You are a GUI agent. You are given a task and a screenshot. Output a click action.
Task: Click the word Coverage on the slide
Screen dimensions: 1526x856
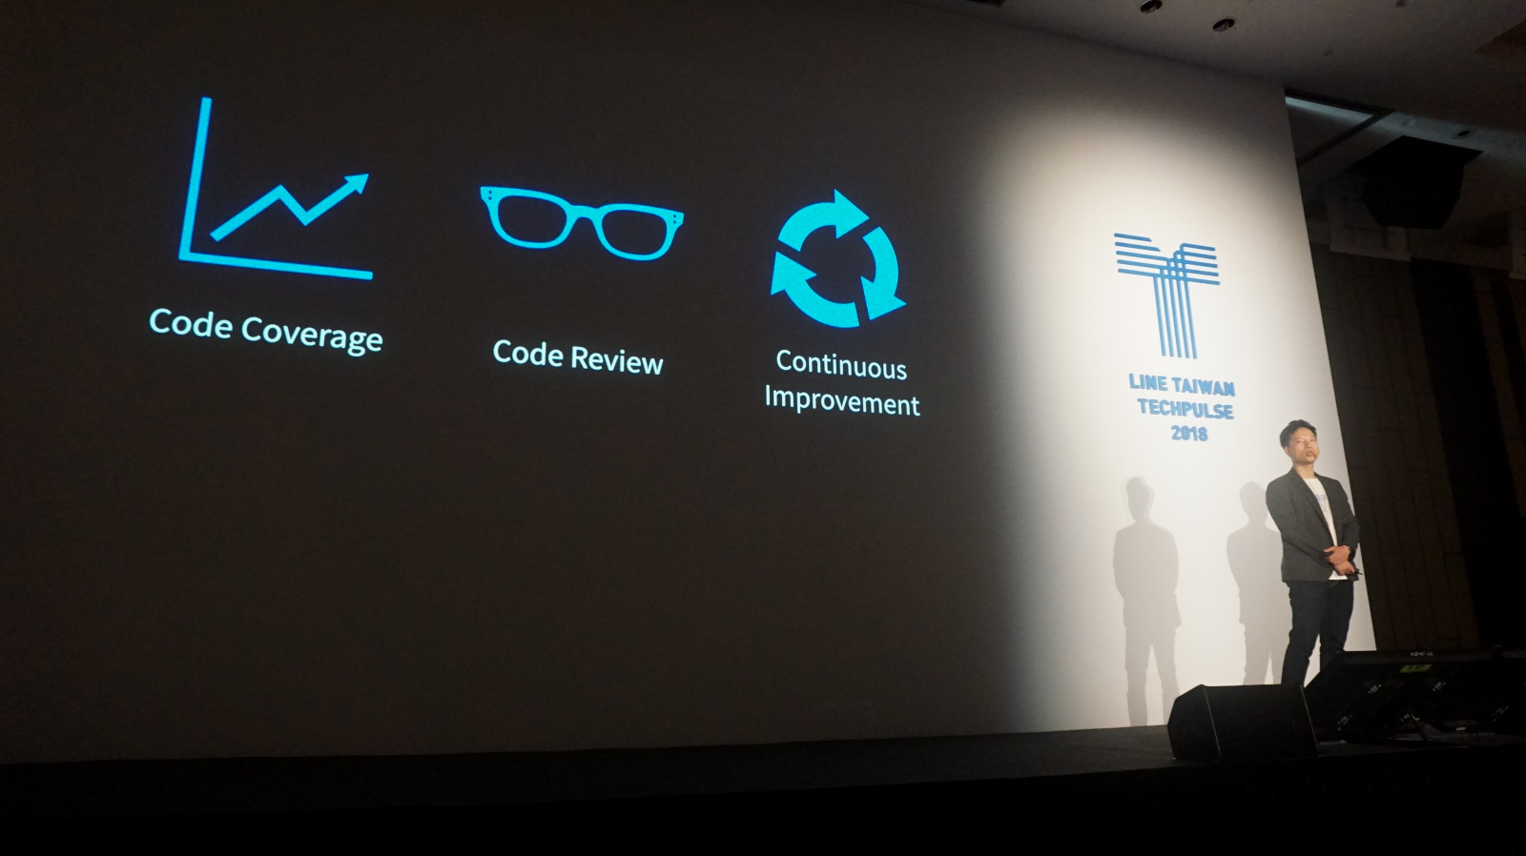click(x=312, y=335)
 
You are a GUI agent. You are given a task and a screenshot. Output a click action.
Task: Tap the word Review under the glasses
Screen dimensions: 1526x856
click(x=617, y=361)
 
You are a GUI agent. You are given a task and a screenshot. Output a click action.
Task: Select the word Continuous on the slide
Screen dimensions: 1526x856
click(x=841, y=366)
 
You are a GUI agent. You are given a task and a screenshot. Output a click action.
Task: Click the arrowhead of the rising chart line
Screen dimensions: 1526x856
click(x=357, y=184)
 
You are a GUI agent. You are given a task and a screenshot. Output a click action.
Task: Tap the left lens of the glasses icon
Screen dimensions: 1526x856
click(x=526, y=218)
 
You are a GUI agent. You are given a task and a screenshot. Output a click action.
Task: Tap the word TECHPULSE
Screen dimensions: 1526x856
click(x=1186, y=409)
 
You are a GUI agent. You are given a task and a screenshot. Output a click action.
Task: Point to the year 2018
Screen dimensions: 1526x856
click(x=1188, y=433)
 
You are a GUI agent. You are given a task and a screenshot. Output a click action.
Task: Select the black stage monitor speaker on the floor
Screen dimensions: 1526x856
click(x=1241, y=721)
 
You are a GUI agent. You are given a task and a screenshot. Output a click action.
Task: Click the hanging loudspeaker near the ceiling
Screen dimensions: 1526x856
click(x=1413, y=182)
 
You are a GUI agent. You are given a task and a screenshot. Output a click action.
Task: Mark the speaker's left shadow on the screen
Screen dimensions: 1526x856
click(x=1147, y=600)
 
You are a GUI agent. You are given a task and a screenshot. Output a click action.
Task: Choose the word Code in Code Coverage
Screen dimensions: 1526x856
click(x=191, y=323)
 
